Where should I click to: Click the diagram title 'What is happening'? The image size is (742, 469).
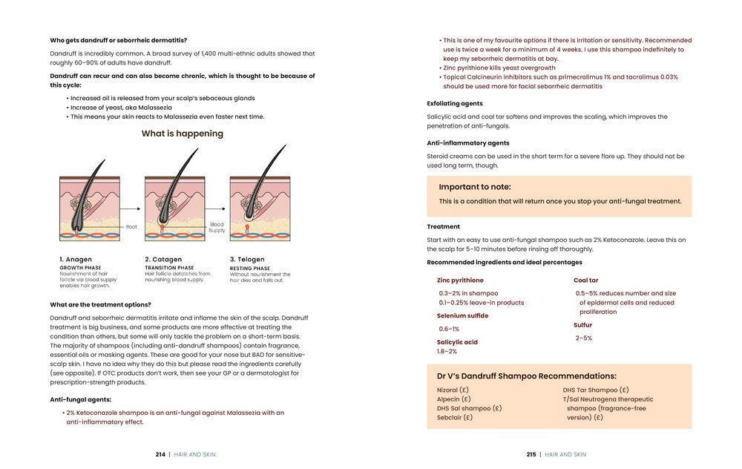coord(182,134)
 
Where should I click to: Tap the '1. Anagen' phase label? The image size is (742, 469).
coord(76,260)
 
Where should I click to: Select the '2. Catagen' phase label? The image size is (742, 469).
coord(163,260)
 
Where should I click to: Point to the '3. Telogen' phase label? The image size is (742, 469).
coord(247,260)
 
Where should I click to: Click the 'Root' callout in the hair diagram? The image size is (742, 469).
coord(131,227)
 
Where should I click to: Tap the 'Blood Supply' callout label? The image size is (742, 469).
coord(217,227)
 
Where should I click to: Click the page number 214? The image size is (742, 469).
coord(160,454)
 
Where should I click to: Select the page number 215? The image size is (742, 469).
coord(531,454)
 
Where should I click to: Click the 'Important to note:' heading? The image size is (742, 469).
coord(475,187)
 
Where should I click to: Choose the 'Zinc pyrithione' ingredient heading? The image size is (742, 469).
coord(460,281)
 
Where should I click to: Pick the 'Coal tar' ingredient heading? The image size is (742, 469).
coord(586,281)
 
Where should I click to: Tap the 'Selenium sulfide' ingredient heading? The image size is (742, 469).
coord(463,315)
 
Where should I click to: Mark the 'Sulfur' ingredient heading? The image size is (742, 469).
coord(582,325)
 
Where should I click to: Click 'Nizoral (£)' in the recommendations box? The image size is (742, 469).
coord(453,390)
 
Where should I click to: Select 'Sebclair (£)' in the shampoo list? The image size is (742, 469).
coord(455,417)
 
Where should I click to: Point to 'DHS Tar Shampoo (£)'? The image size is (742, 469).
coord(596,390)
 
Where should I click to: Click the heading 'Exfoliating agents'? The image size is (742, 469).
coord(455,103)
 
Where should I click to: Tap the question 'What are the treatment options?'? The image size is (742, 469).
coord(100,304)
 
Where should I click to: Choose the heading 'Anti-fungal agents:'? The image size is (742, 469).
coord(81,399)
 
